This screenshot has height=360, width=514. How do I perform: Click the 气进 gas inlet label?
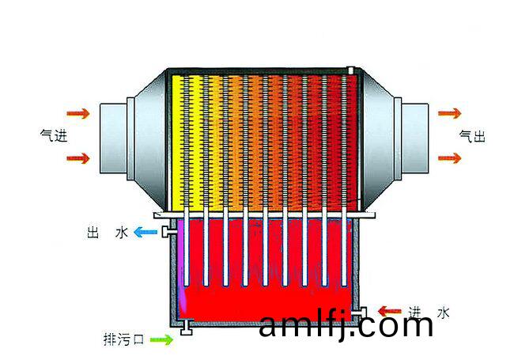[54, 135]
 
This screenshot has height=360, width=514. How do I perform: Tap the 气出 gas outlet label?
[472, 136]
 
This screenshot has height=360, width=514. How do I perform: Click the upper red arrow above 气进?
[78, 113]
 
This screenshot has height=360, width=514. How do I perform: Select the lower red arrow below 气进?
[78, 158]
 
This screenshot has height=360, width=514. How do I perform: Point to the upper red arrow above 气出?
[450, 113]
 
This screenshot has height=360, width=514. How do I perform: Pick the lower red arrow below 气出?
[450, 158]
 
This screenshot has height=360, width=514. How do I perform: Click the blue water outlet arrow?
[146, 232]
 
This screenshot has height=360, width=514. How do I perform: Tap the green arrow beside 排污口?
[161, 339]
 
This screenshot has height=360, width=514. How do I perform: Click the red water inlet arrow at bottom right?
[389, 311]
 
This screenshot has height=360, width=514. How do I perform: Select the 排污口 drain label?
[124, 339]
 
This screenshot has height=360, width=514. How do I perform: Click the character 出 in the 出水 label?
[93, 233]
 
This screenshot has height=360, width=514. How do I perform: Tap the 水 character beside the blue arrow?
[122, 233]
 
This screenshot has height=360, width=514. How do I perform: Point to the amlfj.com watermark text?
[346, 324]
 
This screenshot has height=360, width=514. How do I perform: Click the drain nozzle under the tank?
[186, 328]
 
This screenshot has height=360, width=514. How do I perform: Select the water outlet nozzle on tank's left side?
[168, 232]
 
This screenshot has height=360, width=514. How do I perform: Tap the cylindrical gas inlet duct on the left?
[113, 138]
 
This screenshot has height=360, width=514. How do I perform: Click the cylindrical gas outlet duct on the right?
[415, 138]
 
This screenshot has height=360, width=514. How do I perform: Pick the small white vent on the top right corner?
[351, 70]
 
